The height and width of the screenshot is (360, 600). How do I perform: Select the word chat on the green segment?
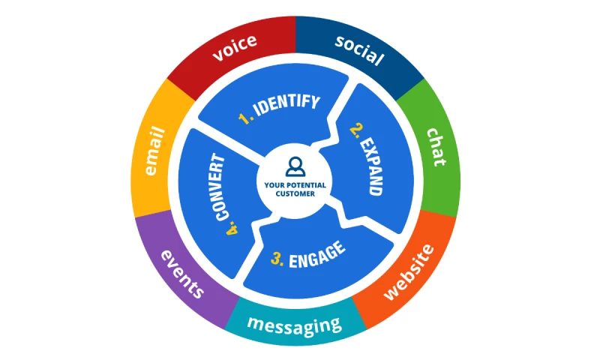click(436, 146)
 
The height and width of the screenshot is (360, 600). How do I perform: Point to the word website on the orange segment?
click(408, 271)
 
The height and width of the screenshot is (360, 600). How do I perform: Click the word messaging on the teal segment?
click(295, 324)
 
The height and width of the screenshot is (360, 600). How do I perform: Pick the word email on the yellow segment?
click(155, 151)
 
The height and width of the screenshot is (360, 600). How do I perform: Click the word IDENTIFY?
click(286, 105)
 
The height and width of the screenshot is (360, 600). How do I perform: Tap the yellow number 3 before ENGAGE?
click(277, 260)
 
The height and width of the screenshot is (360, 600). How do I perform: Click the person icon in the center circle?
click(295, 165)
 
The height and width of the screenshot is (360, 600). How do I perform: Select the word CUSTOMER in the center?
click(295, 193)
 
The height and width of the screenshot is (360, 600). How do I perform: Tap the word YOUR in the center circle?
click(274, 184)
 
